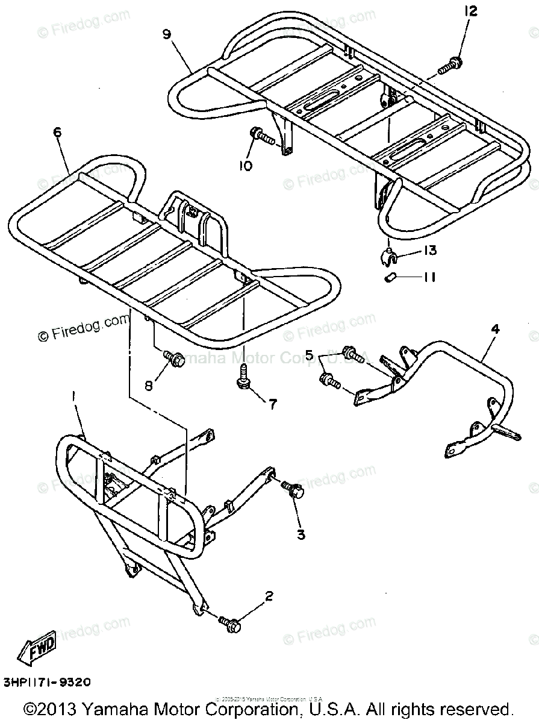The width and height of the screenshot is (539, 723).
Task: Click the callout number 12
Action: coord(470,11)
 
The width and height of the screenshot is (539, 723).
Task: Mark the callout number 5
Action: coord(310,355)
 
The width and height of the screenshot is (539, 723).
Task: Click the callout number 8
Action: coord(149,384)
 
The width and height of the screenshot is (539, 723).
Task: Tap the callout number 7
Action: coord(272,404)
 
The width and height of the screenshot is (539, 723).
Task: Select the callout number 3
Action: coord(301,534)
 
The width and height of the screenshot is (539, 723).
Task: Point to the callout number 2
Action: coord(269,596)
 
